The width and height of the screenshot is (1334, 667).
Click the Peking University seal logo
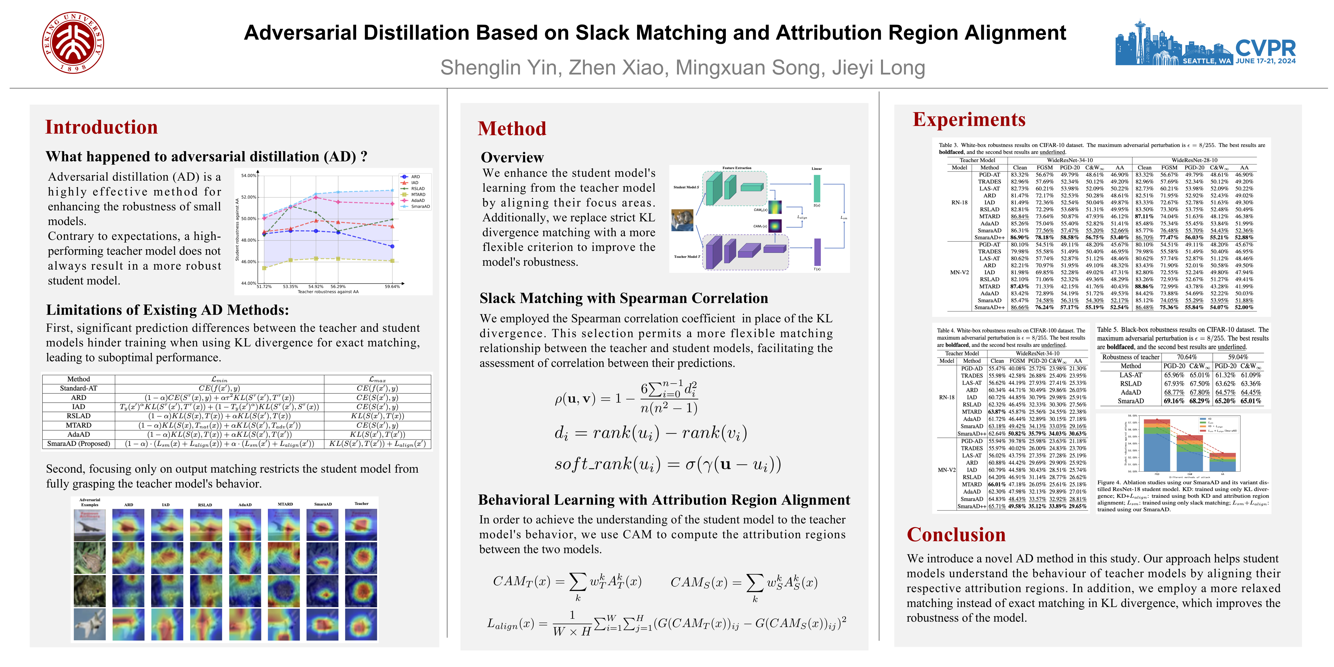[73, 42]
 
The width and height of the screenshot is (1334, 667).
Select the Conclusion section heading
[956, 534]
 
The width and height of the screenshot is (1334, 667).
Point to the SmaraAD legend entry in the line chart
[420, 207]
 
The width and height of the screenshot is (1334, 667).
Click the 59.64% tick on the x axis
[392, 286]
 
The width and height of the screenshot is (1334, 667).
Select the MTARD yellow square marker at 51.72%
[265, 268]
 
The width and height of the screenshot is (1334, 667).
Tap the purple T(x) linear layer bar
[817, 252]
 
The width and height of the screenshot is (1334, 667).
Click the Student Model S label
[686, 187]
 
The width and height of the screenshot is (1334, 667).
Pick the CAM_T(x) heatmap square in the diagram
[775, 226]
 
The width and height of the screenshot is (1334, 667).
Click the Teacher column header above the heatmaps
[361, 503]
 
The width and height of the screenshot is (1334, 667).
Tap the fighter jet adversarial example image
[90, 624]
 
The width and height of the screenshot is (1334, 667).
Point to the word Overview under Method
[512, 157]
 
